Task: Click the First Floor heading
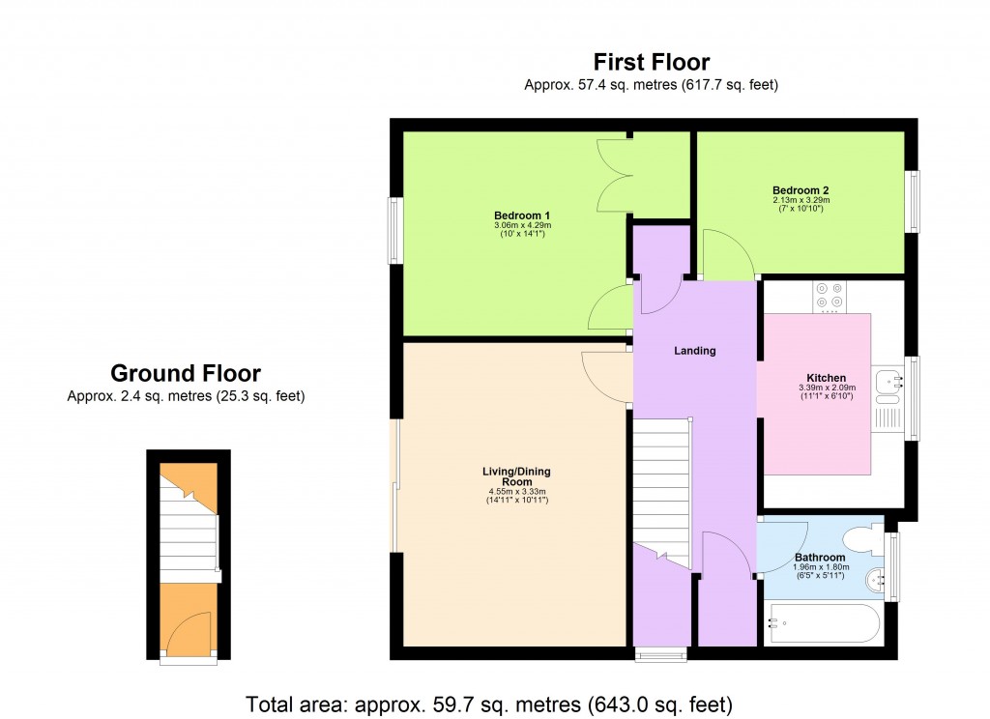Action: coord(651,64)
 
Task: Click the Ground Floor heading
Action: coord(186,373)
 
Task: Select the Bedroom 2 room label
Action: coord(801,189)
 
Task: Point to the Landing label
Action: coord(694,351)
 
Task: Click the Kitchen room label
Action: coord(826,378)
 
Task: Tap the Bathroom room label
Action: coord(820,558)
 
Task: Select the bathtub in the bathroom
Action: coord(822,623)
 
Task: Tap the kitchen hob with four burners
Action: coord(829,297)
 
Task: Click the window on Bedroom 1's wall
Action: coord(394,230)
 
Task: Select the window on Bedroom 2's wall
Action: coord(911,201)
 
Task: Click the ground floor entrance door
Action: coord(189,636)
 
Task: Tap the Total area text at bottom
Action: coord(490,703)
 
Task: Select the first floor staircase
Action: coord(663,493)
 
